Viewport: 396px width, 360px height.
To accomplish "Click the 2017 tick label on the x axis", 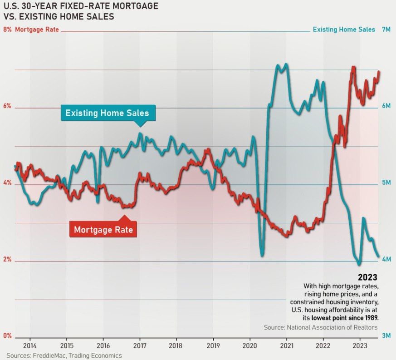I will coord(139,344).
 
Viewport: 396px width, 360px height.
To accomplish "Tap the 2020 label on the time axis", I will coord(249,344).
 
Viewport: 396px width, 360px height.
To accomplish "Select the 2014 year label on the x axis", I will coord(29,344).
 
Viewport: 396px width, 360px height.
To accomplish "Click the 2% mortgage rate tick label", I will coord(7,260).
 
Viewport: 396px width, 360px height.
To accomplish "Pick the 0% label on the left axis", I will coord(7,336).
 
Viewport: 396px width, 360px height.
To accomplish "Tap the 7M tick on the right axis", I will coord(386,30).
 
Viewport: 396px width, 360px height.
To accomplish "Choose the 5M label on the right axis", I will coord(386,182).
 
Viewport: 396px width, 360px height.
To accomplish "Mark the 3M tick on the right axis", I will coord(386,336).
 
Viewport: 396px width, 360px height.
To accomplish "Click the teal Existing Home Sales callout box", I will coord(110,113).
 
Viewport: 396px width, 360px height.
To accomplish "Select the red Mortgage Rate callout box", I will coord(103,230).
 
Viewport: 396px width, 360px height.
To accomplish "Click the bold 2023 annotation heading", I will coord(367,277).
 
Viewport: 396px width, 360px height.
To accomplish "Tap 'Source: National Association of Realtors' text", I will coord(320,327).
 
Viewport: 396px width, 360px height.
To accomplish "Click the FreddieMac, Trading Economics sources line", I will coord(64,355).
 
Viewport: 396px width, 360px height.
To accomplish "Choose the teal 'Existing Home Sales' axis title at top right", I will coord(344,30).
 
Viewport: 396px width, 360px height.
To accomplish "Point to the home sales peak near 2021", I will coord(285,64).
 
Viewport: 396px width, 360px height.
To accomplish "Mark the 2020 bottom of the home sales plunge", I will coord(262,256).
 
